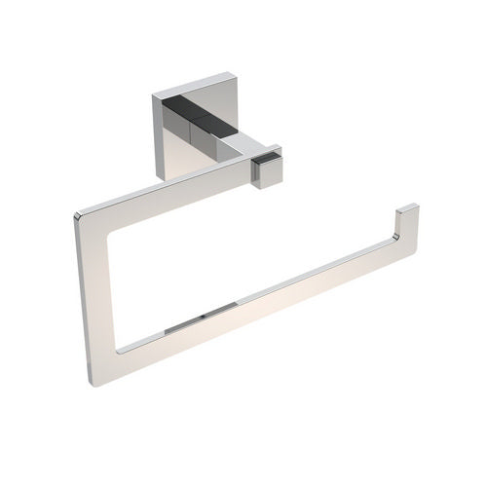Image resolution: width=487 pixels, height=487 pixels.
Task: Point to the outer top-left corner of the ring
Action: coord(76,213)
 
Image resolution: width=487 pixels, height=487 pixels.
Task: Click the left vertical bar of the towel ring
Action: coord(97,292)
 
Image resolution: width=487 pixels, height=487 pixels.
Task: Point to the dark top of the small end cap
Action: coord(265,153)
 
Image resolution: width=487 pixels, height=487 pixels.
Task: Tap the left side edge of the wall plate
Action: coord(153,136)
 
